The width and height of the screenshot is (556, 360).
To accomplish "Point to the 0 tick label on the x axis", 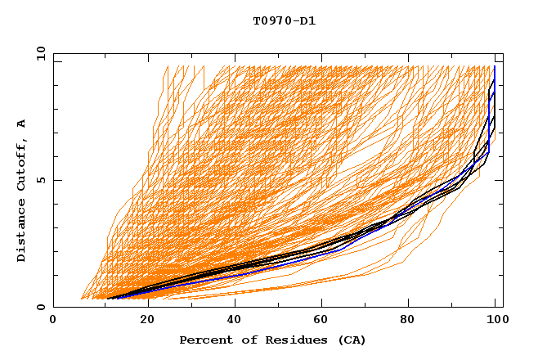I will [x=53, y=320].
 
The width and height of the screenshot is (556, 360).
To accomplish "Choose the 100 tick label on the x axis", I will [x=497, y=320].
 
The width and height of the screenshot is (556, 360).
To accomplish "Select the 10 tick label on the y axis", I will [x=39, y=52].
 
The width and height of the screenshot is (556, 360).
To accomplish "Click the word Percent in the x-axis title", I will [x=204, y=340].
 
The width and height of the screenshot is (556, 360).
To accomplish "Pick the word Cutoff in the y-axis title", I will [x=21, y=164].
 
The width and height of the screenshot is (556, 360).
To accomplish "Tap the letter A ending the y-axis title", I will [x=21, y=123].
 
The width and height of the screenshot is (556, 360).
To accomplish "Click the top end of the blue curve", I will [x=495, y=67].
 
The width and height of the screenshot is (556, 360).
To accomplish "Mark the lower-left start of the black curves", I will [x=107, y=299].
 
